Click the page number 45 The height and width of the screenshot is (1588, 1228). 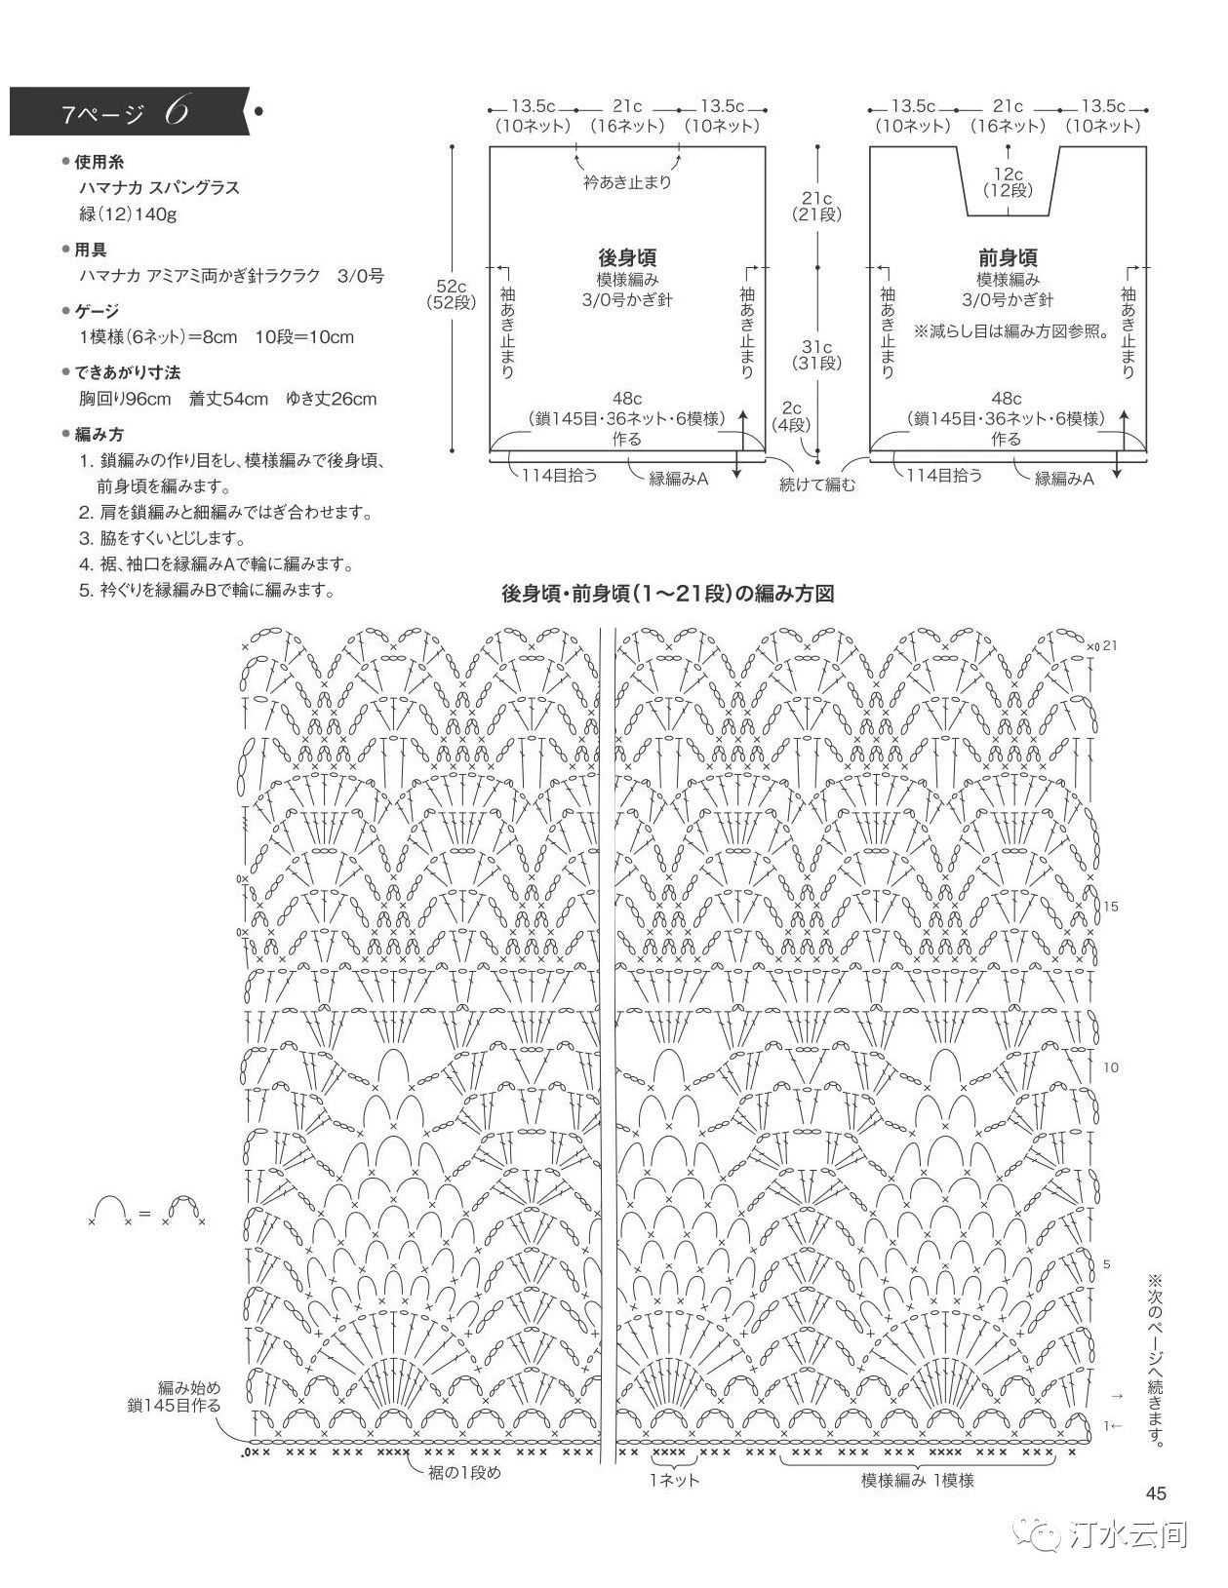[1156, 1493]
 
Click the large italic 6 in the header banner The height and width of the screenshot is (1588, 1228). [177, 111]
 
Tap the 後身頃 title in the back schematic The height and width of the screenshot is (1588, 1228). [627, 257]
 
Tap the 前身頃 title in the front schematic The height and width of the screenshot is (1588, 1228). [1008, 257]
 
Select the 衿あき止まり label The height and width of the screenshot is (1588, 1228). [627, 182]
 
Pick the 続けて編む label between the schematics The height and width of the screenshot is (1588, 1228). [816, 484]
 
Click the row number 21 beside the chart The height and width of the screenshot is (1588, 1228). [1110, 646]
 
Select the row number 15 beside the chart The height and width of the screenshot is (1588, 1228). [1110, 907]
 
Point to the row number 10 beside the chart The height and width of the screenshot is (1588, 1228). [1110, 1067]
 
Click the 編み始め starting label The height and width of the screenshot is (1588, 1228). [188, 1387]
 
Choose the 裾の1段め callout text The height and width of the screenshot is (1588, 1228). [465, 1473]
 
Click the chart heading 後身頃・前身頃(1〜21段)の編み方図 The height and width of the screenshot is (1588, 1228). [667, 594]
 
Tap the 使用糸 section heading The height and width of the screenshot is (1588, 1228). [99, 162]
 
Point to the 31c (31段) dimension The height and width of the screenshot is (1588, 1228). [816, 355]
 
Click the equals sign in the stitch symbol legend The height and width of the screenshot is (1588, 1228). [144, 1213]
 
